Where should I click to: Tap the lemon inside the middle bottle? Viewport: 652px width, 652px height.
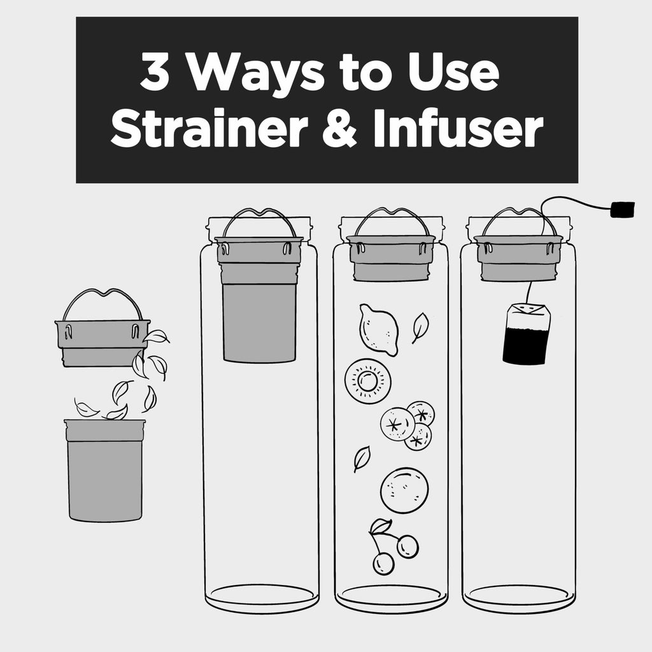pos(378,329)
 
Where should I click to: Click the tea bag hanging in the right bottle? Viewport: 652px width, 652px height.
pos(525,334)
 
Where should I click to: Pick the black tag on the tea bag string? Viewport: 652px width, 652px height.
pos(622,209)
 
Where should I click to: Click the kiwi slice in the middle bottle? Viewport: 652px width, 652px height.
pos(367,380)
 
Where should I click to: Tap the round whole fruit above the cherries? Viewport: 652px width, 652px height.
pos(404,491)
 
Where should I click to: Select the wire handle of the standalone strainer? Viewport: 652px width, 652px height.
pos(101,299)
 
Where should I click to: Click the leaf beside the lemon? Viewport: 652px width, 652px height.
pos(420,327)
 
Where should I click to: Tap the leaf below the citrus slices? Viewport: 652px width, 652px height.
pos(362,458)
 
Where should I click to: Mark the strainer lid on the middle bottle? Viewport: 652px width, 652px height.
pos(390,258)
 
